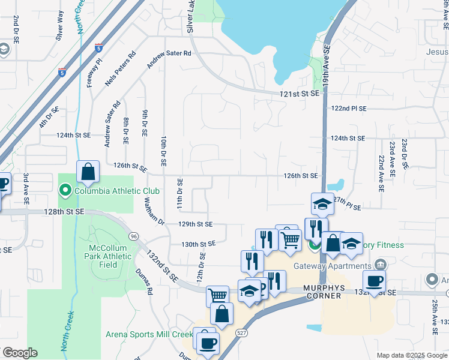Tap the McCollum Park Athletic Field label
click(109, 256)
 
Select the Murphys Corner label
click(324, 292)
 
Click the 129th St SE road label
click(196, 224)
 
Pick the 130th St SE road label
click(199, 244)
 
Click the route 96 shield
click(133, 236)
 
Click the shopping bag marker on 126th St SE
click(88, 172)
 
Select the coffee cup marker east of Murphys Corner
click(374, 282)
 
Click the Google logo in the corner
click(20, 352)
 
